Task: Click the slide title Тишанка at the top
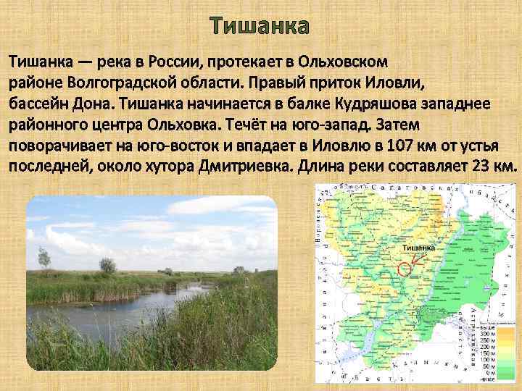click(x=260, y=27)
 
